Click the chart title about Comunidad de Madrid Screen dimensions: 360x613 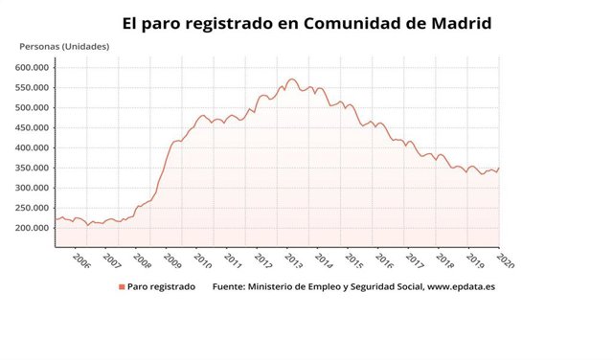point(306,21)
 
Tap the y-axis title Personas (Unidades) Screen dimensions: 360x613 point(64,47)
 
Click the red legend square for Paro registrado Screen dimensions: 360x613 point(122,286)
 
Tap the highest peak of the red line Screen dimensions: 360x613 point(291,79)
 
